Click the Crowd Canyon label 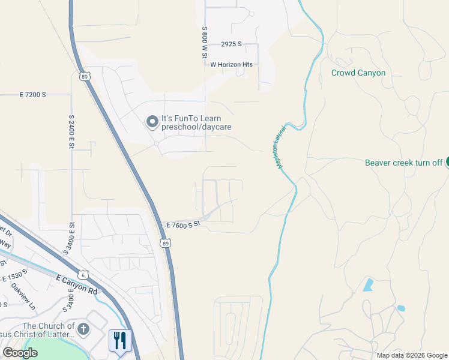point(358,73)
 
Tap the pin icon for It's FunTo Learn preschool point(152,122)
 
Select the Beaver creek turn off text point(403,163)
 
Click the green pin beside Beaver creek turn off point(447,163)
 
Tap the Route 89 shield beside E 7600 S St point(165,243)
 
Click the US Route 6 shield point(85,274)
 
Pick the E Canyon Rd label point(77,284)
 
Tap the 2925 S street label point(231,44)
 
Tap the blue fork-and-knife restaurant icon point(119,340)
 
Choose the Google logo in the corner point(20,353)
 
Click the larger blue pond point(367,285)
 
